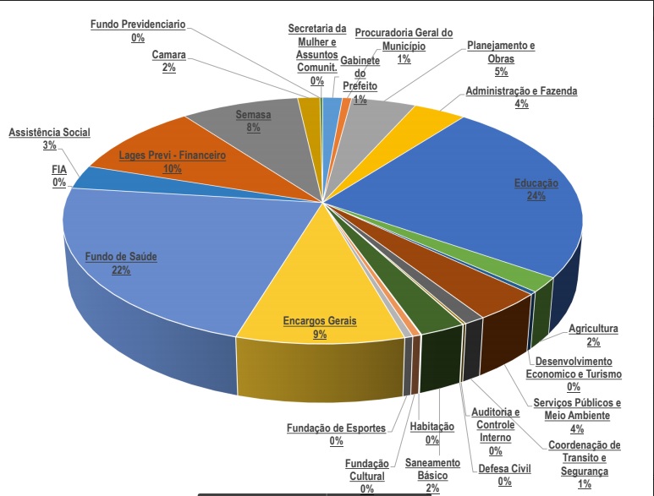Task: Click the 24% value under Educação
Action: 536,196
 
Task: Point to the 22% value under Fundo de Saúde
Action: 119,270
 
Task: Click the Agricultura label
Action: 593,329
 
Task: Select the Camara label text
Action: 169,56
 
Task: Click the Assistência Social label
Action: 49,133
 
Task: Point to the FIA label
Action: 59,170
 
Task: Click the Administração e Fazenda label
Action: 521,91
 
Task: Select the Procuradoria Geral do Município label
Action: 404,33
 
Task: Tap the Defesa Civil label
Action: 504,468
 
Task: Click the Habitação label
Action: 432,427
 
